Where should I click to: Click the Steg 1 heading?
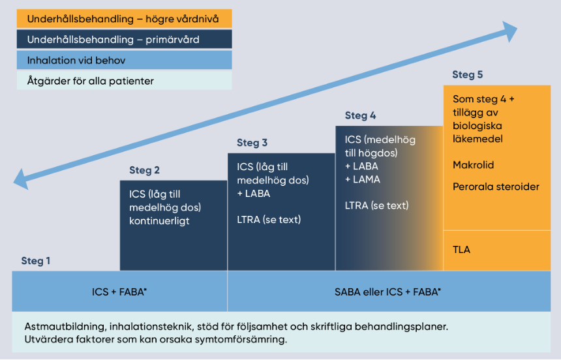(36, 261)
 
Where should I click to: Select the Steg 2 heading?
(144, 170)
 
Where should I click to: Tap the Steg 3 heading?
(252, 143)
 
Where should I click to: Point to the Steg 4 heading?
(360, 115)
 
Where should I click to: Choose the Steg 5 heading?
(467, 74)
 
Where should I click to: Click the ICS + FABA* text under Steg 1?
(119, 291)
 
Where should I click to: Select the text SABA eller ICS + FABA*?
(387, 291)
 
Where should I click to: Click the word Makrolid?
(474, 166)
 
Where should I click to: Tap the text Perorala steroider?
(496, 187)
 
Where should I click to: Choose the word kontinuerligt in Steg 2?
(159, 221)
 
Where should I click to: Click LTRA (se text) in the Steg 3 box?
(269, 219)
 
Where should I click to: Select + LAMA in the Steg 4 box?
(362, 179)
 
